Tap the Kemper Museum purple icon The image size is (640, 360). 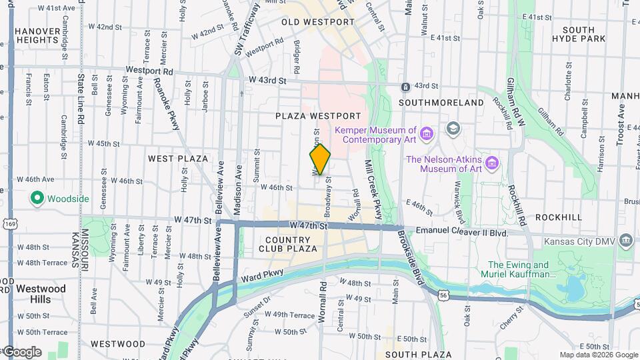click(426, 135)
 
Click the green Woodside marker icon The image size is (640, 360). click(37, 199)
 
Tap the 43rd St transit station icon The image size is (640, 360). click(405, 87)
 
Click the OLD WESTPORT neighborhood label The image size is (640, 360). click(318, 22)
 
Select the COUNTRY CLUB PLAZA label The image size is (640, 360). click(290, 244)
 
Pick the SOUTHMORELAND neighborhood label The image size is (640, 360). click(441, 103)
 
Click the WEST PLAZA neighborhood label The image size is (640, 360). click(178, 159)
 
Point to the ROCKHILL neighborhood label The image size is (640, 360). click(558, 217)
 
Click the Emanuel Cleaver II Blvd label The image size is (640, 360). click(461, 232)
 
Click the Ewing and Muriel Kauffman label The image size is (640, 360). click(517, 269)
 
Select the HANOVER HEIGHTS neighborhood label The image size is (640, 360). click(37, 35)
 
